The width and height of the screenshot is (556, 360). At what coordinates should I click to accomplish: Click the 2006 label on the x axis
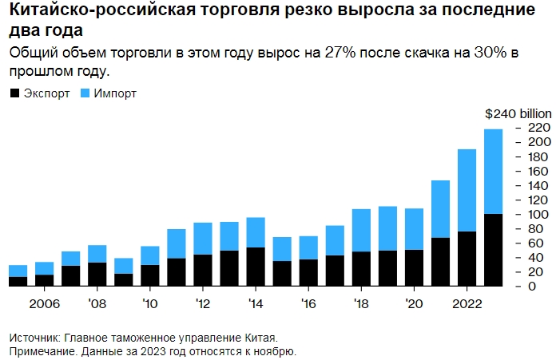pos(45,303)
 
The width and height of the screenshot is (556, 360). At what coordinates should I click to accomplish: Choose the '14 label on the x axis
pos(256,303)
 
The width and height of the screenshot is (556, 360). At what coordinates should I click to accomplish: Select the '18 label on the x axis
pos(361,303)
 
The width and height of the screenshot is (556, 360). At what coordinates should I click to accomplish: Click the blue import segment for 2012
pos(203,238)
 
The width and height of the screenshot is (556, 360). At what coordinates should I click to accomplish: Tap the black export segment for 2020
pos(414,268)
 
